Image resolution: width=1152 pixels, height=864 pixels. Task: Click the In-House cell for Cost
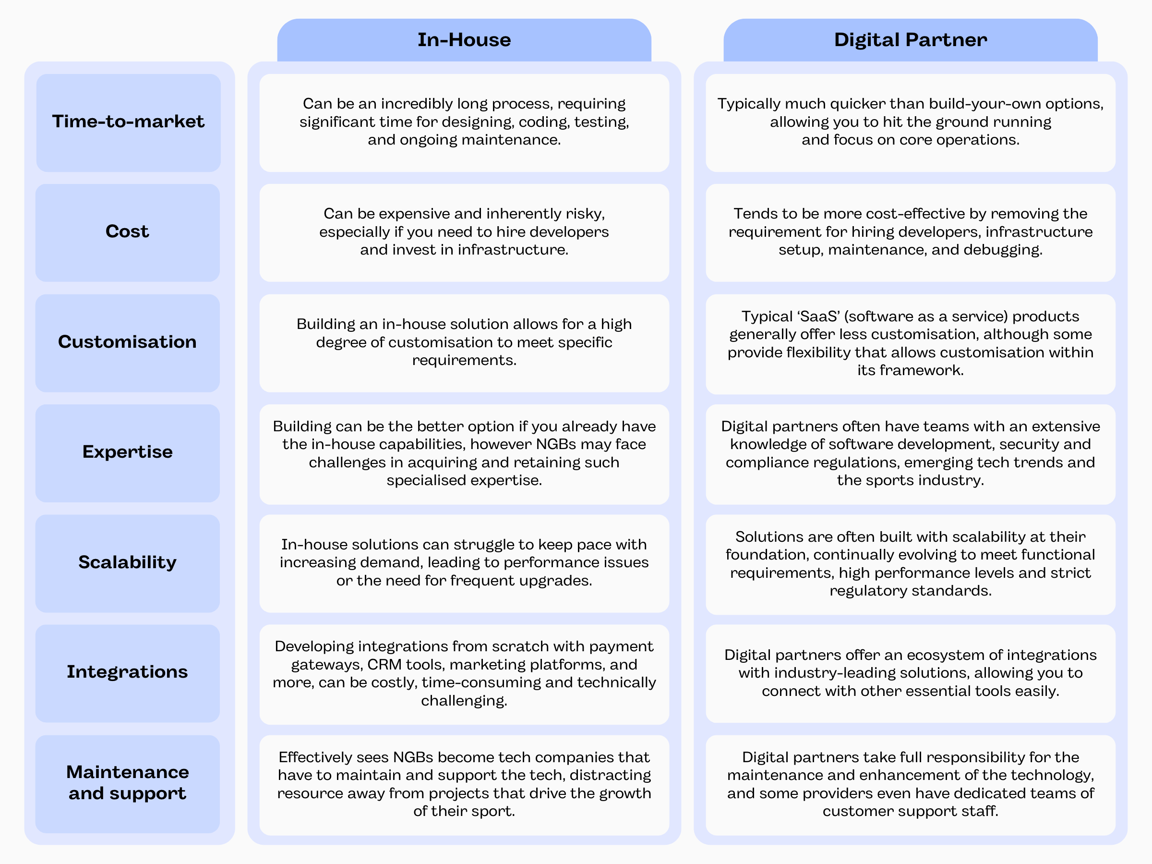coord(464,232)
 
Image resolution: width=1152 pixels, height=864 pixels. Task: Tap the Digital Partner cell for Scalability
coord(911,564)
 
